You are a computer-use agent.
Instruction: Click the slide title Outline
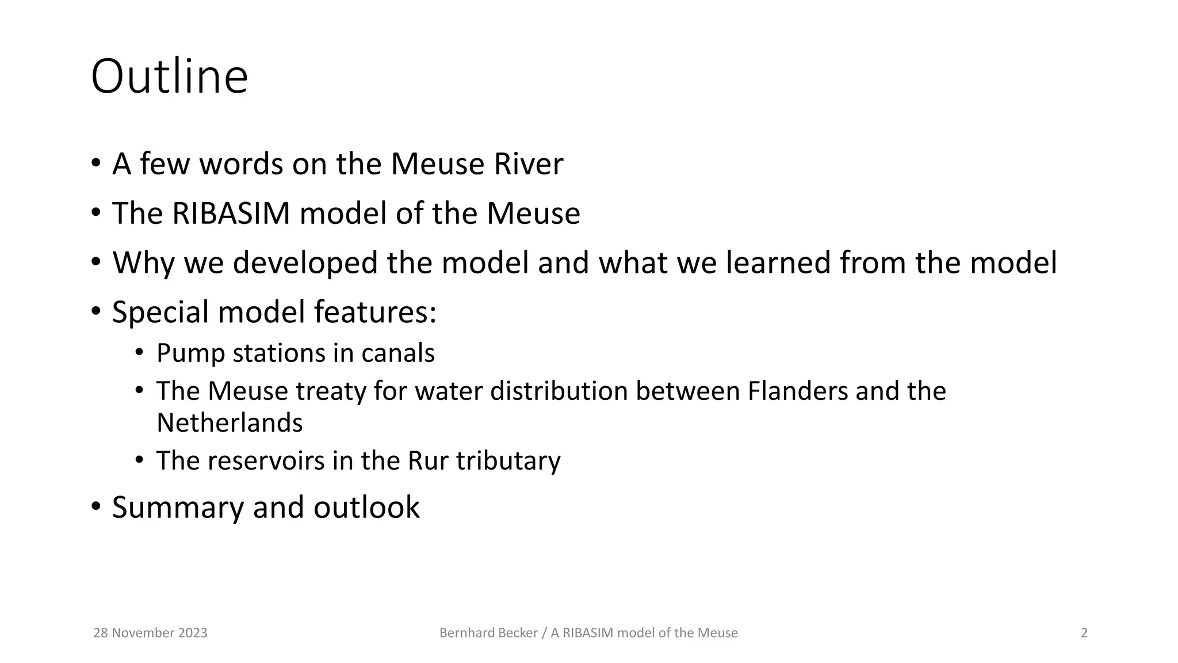pyautogui.click(x=169, y=77)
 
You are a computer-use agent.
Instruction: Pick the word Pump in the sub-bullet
pyautogui.click(x=190, y=353)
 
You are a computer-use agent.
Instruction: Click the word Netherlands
pyautogui.click(x=230, y=423)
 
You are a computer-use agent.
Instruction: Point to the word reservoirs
pyautogui.click(x=266, y=461)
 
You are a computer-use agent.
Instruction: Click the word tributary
pyautogui.click(x=508, y=461)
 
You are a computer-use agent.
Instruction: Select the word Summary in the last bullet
pyautogui.click(x=178, y=508)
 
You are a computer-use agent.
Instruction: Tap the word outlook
pyautogui.click(x=366, y=508)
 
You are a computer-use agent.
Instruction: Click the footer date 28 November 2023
pyautogui.click(x=150, y=633)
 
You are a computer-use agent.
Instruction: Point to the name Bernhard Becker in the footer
pyautogui.click(x=488, y=633)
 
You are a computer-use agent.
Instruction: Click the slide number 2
pyautogui.click(x=1084, y=633)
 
